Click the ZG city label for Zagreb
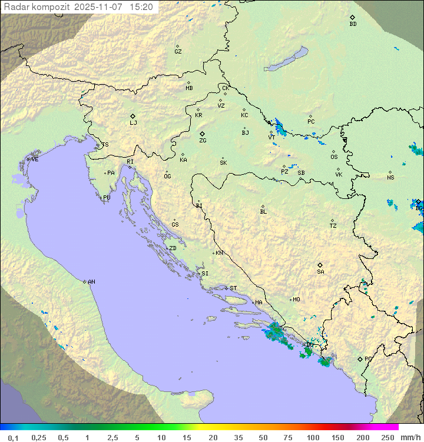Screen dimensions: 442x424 [203, 141]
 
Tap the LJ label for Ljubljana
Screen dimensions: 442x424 [133, 123]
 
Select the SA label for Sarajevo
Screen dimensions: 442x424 [320, 272]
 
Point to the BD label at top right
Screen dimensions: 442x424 [353, 24]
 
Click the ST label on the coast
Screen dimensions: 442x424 [233, 288]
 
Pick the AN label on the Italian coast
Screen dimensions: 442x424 [91, 282]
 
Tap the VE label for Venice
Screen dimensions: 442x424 [35, 159]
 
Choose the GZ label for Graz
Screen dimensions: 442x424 [178, 52]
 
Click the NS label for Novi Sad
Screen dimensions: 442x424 [390, 178]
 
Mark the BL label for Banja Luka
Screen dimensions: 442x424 [263, 212]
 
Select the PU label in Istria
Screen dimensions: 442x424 [107, 198]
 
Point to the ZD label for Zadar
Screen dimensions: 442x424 [173, 248]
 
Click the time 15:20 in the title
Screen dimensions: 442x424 [141, 7]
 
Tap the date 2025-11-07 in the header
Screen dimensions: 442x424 [100, 7]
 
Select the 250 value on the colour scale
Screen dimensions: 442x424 [387, 437]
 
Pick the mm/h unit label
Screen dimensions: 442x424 [409, 437]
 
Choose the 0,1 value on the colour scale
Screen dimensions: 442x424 [13, 437]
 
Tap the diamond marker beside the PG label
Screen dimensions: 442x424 [360, 359]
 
